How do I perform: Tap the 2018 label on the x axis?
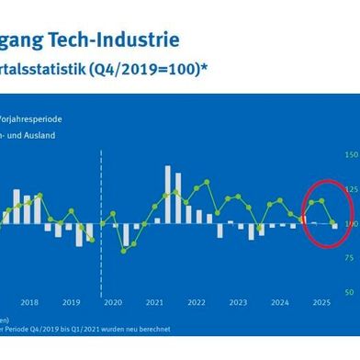(29, 276)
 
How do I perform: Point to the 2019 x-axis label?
(72, 276)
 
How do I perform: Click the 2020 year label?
(113, 276)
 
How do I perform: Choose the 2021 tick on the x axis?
(154, 276)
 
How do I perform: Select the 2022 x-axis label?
(197, 276)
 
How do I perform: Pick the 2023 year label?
(238, 276)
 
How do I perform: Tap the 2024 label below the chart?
(279, 276)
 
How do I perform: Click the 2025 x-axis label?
(321, 276)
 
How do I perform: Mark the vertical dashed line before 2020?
(100, 211)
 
